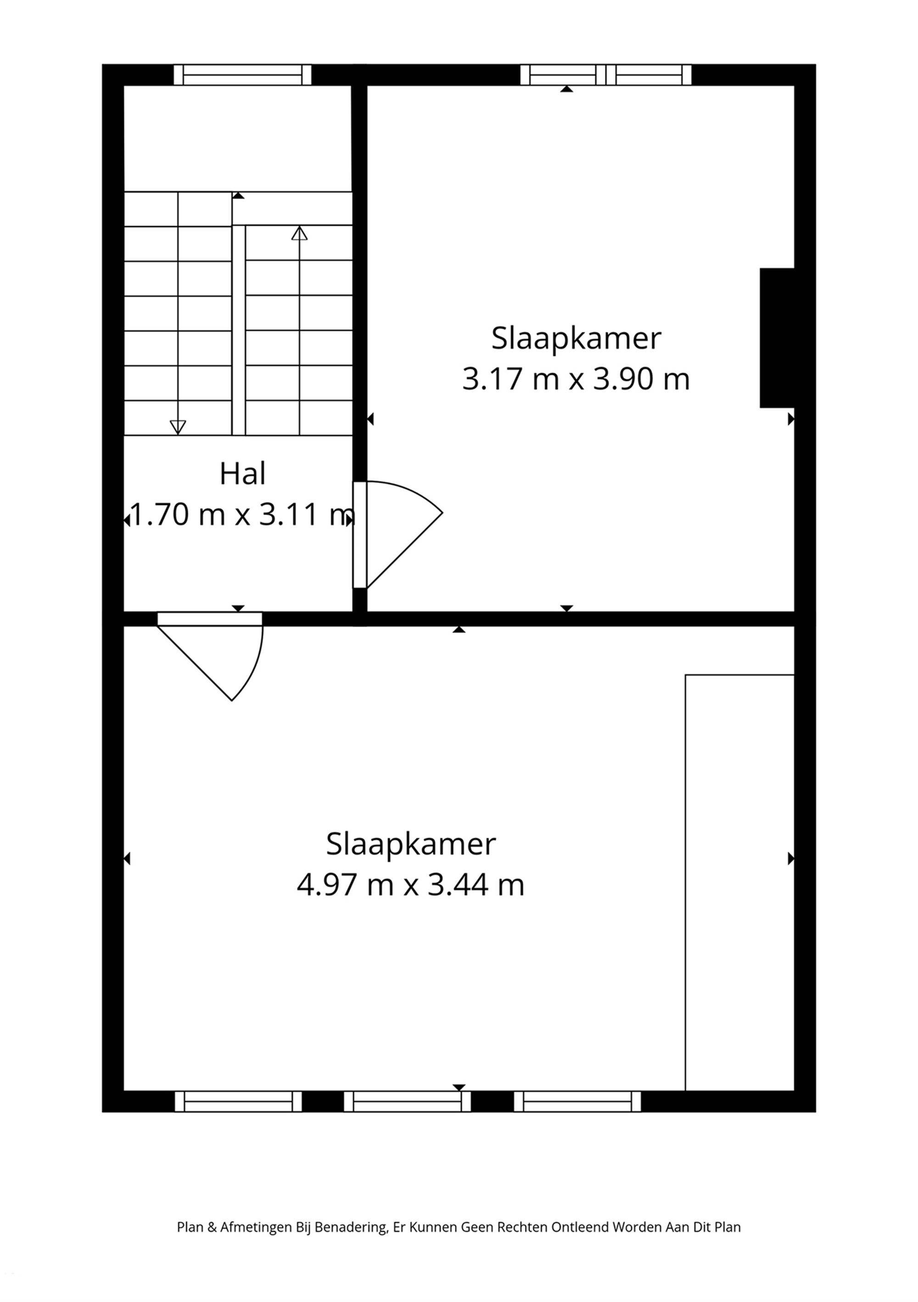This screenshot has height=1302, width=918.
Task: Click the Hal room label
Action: click(x=242, y=474)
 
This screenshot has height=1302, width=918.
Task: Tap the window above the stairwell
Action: click(x=242, y=75)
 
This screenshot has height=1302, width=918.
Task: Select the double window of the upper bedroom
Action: click(x=605, y=75)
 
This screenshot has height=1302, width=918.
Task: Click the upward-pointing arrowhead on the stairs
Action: click(x=299, y=233)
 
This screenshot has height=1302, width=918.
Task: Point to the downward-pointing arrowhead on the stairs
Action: click(x=178, y=427)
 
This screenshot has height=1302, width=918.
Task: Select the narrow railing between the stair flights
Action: click(x=238, y=330)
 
